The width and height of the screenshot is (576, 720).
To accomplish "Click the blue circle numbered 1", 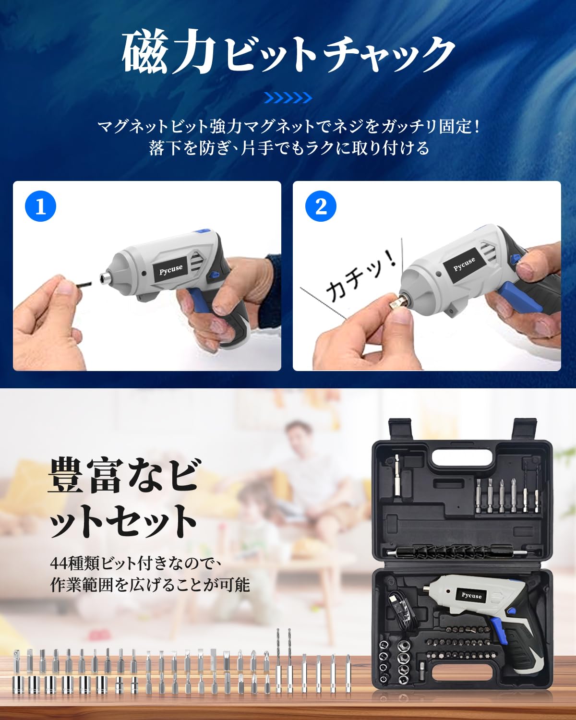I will click(41, 206).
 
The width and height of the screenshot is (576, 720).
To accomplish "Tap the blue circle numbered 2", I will click(321, 206).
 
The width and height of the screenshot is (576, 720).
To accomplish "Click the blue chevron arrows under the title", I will click(288, 98).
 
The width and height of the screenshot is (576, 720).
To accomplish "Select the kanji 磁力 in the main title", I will click(168, 52).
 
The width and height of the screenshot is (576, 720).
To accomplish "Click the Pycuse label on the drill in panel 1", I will click(171, 269).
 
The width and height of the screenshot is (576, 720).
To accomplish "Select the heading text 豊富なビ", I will click(123, 475).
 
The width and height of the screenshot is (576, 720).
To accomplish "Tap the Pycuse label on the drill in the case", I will click(471, 596).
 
